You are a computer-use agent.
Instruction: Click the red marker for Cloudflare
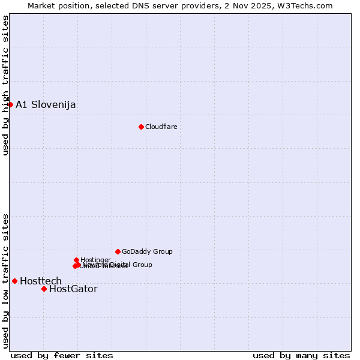click(141, 127)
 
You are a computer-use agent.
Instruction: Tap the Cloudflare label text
click(161, 127)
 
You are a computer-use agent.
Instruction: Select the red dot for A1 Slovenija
click(10, 104)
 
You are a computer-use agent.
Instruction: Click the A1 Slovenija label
click(46, 104)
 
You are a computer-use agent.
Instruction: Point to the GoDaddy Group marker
click(118, 251)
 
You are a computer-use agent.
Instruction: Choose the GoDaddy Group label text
click(147, 251)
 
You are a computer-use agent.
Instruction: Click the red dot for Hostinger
click(76, 260)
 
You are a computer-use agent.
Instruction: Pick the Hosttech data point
click(14, 281)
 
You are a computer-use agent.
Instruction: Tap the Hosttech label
click(41, 281)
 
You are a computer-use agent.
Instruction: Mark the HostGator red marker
click(44, 289)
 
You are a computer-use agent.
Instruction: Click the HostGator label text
click(73, 289)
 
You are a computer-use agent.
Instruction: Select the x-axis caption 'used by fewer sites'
click(62, 355)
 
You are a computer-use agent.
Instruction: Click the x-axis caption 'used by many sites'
click(301, 355)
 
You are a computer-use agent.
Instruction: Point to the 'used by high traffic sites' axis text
click(5, 85)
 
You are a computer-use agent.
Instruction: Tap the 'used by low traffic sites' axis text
click(5, 280)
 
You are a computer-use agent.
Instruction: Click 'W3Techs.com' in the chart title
click(308, 5)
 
